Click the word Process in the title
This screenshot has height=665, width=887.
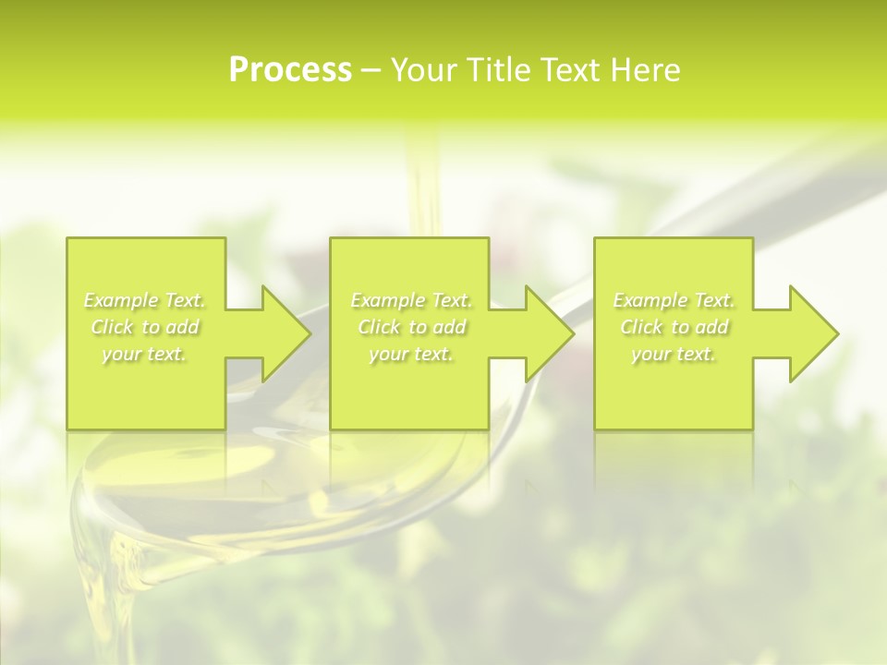[290, 70]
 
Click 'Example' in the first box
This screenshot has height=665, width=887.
[120, 300]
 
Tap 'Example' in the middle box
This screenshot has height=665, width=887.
[386, 300]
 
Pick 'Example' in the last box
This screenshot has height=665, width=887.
[649, 300]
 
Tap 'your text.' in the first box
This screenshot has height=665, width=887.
[144, 354]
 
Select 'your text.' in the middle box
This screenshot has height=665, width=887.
[410, 354]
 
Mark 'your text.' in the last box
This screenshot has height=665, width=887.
[674, 354]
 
